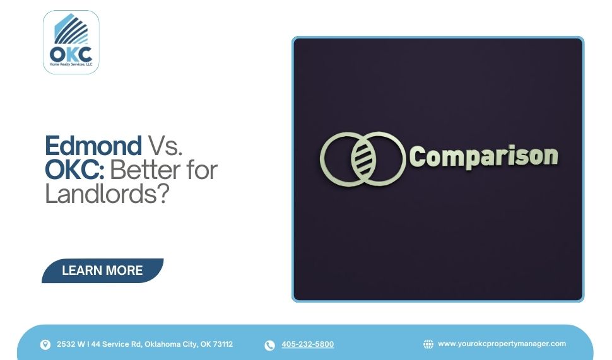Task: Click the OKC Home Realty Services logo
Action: pos(71,42)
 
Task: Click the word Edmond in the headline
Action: pos(93,146)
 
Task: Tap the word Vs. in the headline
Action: pos(165,146)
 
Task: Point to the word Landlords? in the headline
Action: pos(107,193)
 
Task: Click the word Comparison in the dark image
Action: pos(484,156)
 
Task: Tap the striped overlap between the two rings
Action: pos(362,158)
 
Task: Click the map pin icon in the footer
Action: pos(45,345)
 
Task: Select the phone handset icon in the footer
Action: pos(269,345)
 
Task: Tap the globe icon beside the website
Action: pos(428,344)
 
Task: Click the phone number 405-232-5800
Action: pos(308,344)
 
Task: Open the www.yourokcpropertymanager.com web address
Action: pos(502,344)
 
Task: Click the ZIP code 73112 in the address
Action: pos(223,344)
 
